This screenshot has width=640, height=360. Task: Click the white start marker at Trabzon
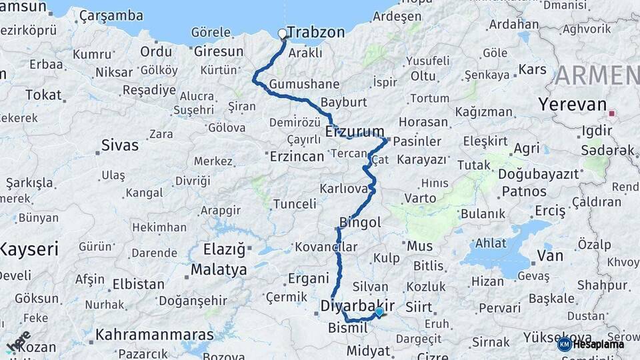pos(282,33)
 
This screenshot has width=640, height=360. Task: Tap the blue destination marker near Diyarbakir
pos(379,311)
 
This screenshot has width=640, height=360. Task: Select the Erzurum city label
pos(355,131)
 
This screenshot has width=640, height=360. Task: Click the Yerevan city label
pos(572,105)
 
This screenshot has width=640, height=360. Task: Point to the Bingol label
pos(360,222)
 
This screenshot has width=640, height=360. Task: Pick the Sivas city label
pos(120,145)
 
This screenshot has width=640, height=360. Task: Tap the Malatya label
pos(219,270)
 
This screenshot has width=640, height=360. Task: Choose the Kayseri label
pos(29,249)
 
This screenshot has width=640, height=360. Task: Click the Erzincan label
pos(297,157)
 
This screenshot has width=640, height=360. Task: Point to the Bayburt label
pos(344,103)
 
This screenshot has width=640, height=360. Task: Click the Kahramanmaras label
pos(155,334)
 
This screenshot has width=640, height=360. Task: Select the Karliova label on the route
pos(344,189)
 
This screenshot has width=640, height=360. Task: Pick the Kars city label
pos(532,69)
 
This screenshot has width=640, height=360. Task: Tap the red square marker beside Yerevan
pos(611,113)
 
